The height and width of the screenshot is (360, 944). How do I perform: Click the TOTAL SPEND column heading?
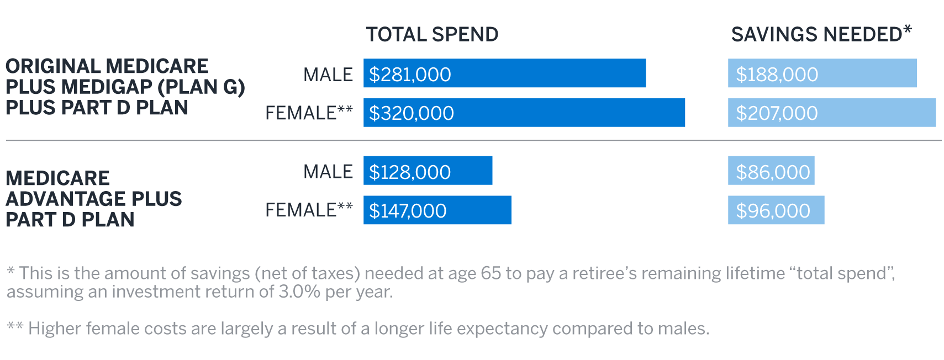pyautogui.click(x=432, y=35)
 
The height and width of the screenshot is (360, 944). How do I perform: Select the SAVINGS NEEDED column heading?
pyautogui.click(x=821, y=35)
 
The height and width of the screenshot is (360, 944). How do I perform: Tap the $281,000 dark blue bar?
pyautogui.click(x=504, y=73)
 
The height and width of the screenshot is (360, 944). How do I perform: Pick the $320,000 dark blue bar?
pyautogui.click(x=524, y=113)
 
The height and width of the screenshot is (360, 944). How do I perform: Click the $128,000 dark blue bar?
pyautogui.click(x=428, y=171)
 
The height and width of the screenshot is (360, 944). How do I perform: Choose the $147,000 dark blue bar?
pyautogui.click(x=437, y=210)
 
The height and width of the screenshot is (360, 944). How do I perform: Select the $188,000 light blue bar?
pyautogui.click(x=822, y=73)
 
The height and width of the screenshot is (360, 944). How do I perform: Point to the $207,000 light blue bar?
pyautogui.click(x=831, y=113)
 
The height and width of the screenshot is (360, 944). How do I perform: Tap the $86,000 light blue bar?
pyautogui.click(x=771, y=171)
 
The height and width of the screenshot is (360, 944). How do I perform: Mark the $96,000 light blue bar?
pyautogui.click(x=776, y=210)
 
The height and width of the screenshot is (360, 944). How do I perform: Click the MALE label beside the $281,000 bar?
pyautogui.click(x=328, y=75)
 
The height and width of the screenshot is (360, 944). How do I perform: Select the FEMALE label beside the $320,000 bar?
pyautogui.click(x=301, y=113)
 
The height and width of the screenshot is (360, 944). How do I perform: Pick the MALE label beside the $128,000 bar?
pyautogui.click(x=328, y=172)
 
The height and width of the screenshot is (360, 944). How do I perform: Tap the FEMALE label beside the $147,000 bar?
pyautogui.click(x=301, y=210)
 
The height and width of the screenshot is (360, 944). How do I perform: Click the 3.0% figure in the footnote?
pyautogui.click(x=299, y=292)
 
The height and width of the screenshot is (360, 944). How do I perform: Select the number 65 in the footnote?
pyautogui.click(x=491, y=273)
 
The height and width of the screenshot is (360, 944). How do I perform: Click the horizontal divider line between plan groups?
pyautogui.click(x=473, y=141)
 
